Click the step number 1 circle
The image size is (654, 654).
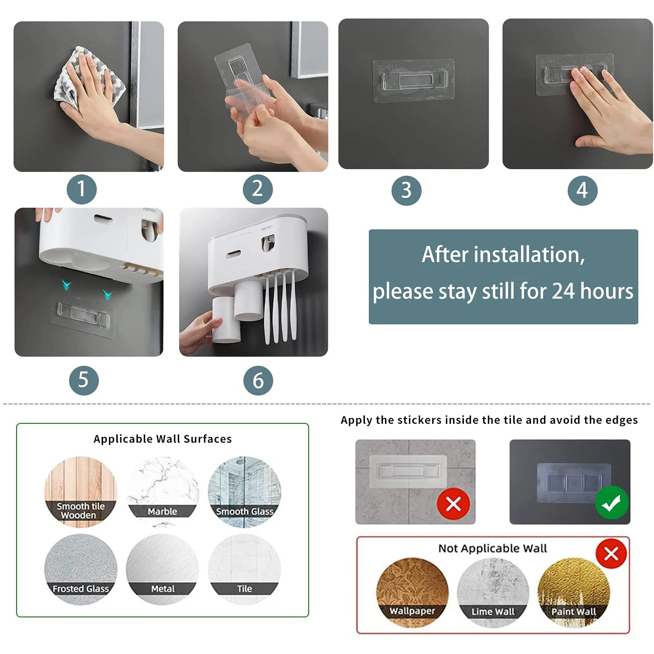pos(82,189)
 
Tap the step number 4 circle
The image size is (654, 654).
pos(582,191)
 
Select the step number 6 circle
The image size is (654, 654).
pos(258,380)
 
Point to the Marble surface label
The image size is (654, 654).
pos(162,511)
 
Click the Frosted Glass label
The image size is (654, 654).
pos(81,589)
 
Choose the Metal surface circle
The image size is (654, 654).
pos(163,569)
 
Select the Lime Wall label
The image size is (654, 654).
pos(493,612)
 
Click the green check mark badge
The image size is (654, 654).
pos(612,503)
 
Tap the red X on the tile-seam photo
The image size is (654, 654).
pos(453,504)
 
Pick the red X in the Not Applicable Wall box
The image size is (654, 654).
pos(611,554)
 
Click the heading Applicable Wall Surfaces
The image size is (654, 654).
pos(163,439)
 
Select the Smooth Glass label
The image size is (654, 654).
pos(245,511)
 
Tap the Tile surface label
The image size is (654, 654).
pos(245,589)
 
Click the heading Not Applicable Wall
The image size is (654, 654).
pos(493,548)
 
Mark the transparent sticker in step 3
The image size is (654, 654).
pos(413,81)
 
